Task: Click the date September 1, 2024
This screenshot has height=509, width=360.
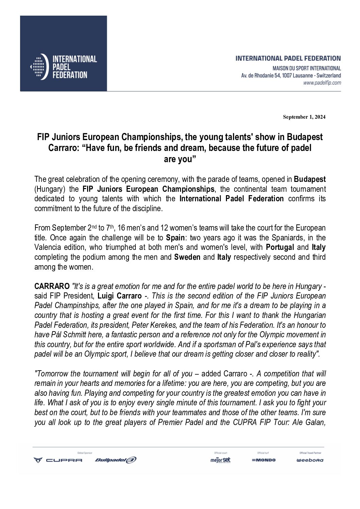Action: pyautogui.click(x=304, y=117)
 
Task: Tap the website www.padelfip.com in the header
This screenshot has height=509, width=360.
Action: pyautogui.click(x=322, y=83)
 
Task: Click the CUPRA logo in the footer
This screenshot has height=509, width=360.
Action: pyautogui.click(x=58, y=460)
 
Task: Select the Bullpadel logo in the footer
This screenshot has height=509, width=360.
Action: pyautogui.click(x=115, y=460)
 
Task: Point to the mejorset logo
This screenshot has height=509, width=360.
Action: pyautogui.click(x=220, y=460)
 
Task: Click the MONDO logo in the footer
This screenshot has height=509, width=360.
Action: pyautogui.click(x=264, y=460)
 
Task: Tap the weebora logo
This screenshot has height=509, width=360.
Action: pyautogui.click(x=310, y=460)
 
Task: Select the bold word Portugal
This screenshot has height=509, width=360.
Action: pyautogui.click(x=280, y=247)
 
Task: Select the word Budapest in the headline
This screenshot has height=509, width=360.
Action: pyautogui.click(x=305, y=137)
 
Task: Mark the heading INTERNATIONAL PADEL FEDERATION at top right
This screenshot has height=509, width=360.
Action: pyautogui.click(x=288, y=58)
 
